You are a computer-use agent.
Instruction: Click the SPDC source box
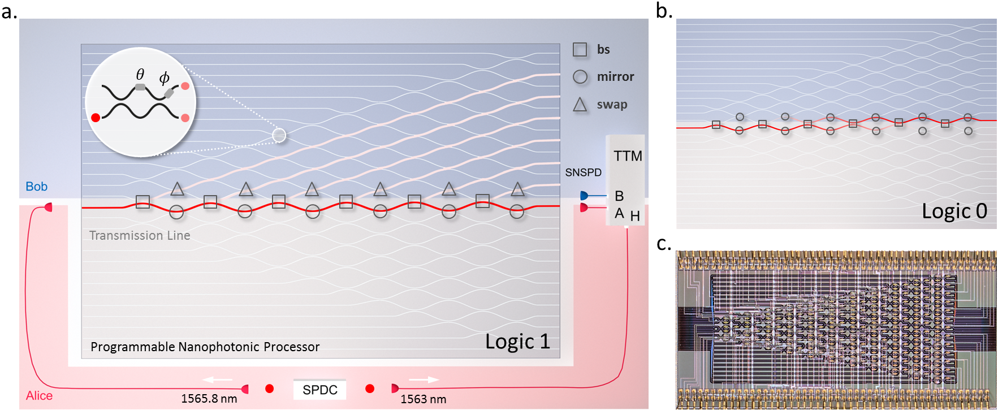pos(319,390)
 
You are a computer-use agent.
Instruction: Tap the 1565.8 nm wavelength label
pos(209,399)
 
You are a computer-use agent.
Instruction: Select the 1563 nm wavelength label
pos(423,399)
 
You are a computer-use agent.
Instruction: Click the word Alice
pos(39,396)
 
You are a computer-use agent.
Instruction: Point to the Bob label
pos(36,187)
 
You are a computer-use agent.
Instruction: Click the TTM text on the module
pos(628,156)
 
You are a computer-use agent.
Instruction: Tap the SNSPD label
pos(583,172)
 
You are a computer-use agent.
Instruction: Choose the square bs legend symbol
pos(580,50)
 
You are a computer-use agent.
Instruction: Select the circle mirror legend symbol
pos(580,77)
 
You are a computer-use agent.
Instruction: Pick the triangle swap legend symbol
pos(580,105)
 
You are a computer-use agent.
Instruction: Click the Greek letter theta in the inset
pos(140,74)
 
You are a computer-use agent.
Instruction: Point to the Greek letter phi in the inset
pos(165,77)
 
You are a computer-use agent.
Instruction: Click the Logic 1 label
pos(517,342)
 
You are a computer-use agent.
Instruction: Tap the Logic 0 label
pos(954,211)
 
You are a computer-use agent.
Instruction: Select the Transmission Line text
pos(140,235)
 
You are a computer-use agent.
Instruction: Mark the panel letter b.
pos(664,11)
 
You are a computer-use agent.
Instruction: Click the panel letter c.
pos(664,244)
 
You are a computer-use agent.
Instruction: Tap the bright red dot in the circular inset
pos(96,118)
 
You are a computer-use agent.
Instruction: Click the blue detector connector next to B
pos(584,196)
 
